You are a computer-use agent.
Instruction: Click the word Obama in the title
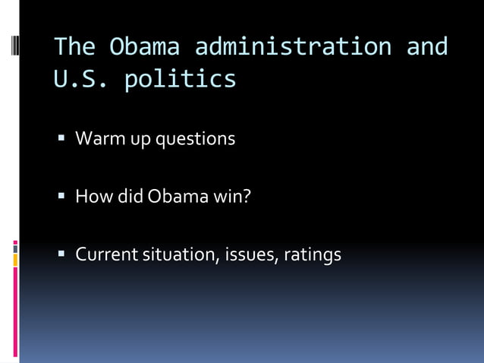pos(144,47)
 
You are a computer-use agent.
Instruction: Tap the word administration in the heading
pos(293,47)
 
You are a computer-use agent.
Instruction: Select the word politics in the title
pos(180,79)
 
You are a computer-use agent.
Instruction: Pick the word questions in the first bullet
pos(195,140)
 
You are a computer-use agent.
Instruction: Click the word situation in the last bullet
pos(179,255)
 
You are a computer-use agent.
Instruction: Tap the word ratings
pos(313,255)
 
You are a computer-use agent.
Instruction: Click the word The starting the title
pos(74,47)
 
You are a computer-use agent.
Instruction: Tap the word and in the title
pos(427,47)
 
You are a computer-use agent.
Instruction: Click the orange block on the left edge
pos(15,260)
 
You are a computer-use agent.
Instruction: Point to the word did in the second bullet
pos(129,197)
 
